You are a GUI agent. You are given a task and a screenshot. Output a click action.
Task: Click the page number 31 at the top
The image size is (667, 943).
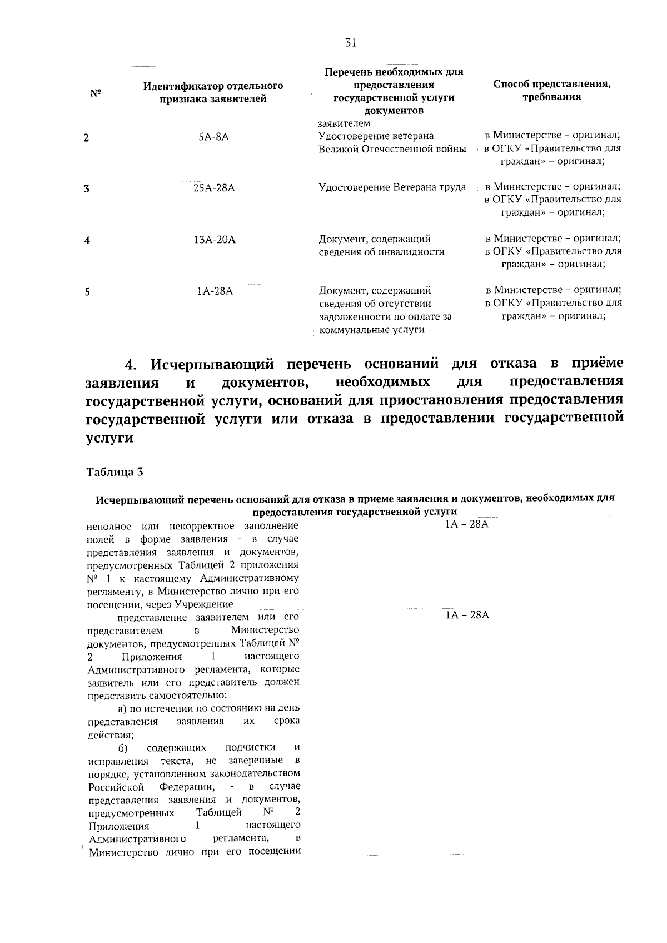click(350, 43)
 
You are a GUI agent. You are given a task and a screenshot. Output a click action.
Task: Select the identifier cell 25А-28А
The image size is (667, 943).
click(214, 188)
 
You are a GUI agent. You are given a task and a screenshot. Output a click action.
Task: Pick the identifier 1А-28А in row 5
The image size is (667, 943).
click(215, 291)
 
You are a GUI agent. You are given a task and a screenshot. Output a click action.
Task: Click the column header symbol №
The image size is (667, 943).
click(95, 93)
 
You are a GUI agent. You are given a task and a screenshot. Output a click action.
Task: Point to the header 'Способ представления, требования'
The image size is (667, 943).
click(552, 90)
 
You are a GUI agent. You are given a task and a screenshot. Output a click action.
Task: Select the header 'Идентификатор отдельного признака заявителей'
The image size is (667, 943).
click(213, 93)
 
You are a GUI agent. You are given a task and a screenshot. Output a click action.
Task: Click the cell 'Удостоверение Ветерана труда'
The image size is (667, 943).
click(392, 187)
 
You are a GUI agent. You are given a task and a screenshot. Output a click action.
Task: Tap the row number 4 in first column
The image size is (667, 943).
click(87, 241)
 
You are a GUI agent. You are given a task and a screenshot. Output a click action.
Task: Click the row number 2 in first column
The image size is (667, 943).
click(86, 138)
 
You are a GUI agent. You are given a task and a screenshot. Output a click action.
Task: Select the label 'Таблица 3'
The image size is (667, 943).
click(115, 472)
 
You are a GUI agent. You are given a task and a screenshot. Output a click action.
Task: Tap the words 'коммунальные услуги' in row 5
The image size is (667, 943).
click(372, 330)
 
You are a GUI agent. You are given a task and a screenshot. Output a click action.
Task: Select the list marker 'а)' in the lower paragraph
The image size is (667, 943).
click(123, 708)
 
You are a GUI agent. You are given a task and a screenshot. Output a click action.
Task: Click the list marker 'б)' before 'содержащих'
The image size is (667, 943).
click(123, 747)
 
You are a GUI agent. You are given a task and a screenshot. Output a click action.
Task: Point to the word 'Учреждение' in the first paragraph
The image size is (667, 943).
click(203, 604)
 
